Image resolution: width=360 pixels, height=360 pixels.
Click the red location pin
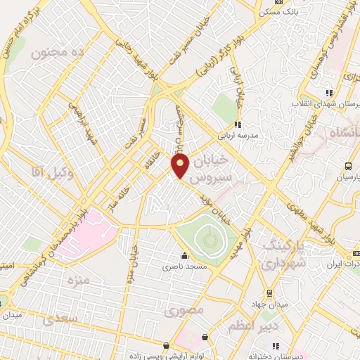[x=180, y=166]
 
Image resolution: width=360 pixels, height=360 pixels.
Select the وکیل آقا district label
[x=49, y=170]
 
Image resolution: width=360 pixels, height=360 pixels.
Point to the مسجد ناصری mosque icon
[x=184, y=256]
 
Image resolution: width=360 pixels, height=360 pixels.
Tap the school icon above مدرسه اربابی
[x=237, y=124]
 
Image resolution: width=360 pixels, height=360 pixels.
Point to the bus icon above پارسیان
[x=348, y=167]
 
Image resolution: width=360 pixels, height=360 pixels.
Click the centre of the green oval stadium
[x=209, y=241]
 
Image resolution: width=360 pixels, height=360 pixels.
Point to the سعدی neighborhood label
[x=58, y=321]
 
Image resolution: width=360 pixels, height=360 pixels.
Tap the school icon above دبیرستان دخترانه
[x=276, y=345]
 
